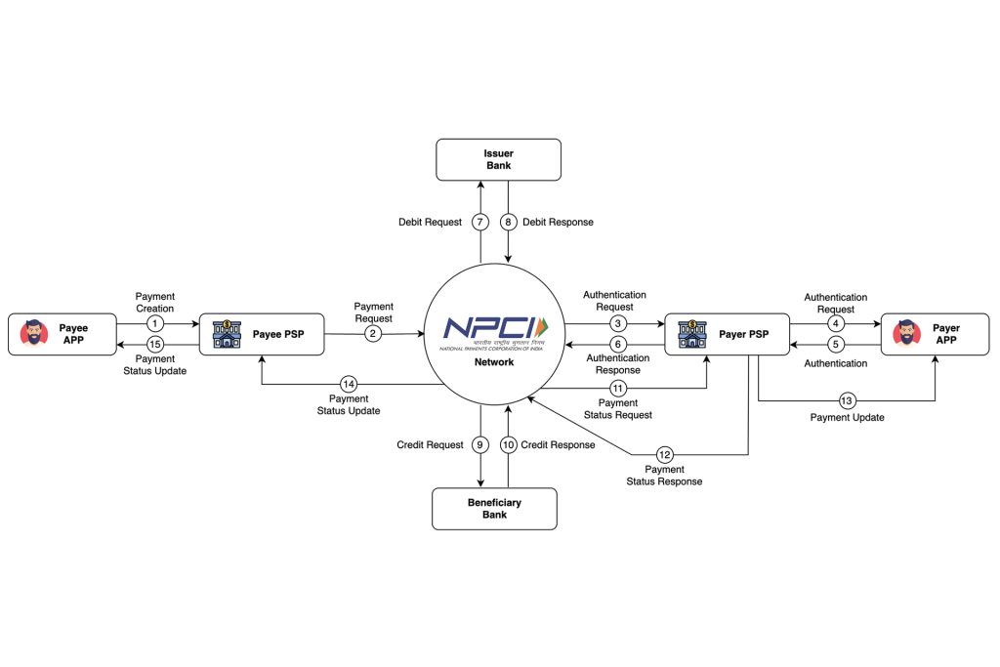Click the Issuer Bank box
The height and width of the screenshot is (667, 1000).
[x=498, y=159]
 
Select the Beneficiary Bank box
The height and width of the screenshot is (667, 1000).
[x=494, y=509]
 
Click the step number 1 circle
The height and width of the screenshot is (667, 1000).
[x=154, y=323]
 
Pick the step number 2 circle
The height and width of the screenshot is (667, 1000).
[x=372, y=334]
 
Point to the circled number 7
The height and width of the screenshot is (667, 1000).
[x=479, y=222]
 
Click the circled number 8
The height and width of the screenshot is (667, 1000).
[x=508, y=222]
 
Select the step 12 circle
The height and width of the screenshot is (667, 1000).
[x=665, y=454]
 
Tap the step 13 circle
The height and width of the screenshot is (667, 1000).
[x=847, y=400]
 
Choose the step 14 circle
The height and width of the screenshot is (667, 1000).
[x=349, y=384]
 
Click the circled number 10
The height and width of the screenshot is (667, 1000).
[x=508, y=445]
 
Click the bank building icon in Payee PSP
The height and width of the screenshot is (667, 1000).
[x=227, y=334]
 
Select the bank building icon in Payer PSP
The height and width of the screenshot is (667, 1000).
[x=691, y=334]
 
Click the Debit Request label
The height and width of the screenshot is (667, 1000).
[x=430, y=222]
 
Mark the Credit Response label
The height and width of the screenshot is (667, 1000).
[x=558, y=445]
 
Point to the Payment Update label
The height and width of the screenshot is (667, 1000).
[x=847, y=418]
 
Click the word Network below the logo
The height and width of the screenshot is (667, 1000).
[x=495, y=361]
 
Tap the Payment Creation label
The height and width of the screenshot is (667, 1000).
[x=154, y=302]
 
